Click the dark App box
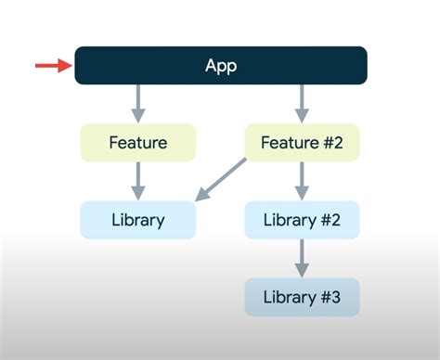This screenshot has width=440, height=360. point(221,66)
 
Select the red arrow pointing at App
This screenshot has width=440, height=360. point(53,65)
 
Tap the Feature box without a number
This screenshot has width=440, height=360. point(138,143)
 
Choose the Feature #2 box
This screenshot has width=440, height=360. point(302,143)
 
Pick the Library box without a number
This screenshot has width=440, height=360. point(138,220)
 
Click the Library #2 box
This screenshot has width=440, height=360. point(302,220)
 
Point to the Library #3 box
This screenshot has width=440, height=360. point(302,297)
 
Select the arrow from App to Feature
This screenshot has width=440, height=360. point(138,103)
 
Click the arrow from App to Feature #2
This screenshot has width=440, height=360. point(302,103)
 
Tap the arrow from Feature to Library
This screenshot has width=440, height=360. point(138,181)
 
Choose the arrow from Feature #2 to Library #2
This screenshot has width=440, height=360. point(302,181)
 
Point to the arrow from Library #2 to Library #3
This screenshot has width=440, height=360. point(302,258)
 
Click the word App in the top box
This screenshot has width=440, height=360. point(221,66)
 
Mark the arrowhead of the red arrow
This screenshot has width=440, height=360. point(66,65)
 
